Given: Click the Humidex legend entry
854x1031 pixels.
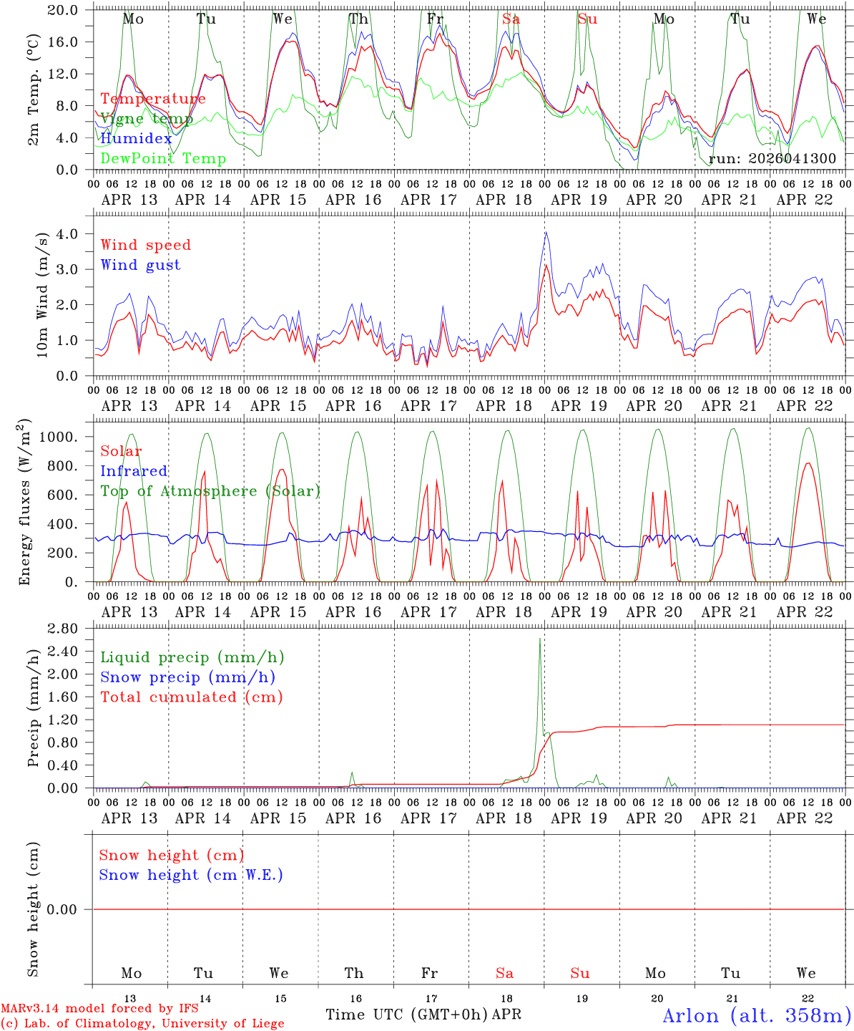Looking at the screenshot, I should pyautogui.click(x=136, y=139).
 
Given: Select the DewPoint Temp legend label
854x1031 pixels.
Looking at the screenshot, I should pyautogui.click(x=163, y=159).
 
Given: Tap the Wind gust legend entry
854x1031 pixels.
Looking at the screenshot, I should pyautogui.click(x=140, y=265).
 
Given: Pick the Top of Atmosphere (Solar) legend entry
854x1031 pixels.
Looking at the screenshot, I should pyautogui.click(x=210, y=491).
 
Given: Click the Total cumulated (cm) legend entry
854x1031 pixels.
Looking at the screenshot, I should pyautogui.click(x=192, y=697).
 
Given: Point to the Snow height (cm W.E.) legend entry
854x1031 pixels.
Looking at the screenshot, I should pyautogui.click(x=191, y=875).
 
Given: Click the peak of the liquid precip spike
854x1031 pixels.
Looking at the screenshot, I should pyautogui.click(x=539, y=639).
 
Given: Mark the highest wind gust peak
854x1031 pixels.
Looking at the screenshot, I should pyautogui.click(x=546, y=232).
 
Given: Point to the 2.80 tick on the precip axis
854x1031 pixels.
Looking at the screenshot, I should pyautogui.click(x=72, y=628).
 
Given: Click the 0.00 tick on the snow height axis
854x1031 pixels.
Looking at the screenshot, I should pyautogui.click(x=72, y=909).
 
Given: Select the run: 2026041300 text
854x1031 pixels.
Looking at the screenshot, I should pyautogui.click(x=772, y=159).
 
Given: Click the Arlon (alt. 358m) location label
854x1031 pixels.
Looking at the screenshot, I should pyautogui.click(x=757, y=1015).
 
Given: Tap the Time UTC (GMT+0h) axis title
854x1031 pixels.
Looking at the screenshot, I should pyautogui.click(x=407, y=1015).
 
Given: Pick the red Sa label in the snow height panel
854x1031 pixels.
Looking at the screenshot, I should pyautogui.click(x=505, y=973).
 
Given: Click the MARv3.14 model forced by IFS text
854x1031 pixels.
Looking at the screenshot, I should pyautogui.click(x=99, y=1009).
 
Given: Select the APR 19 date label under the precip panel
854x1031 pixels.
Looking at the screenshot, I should pyautogui.click(x=579, y=818).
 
